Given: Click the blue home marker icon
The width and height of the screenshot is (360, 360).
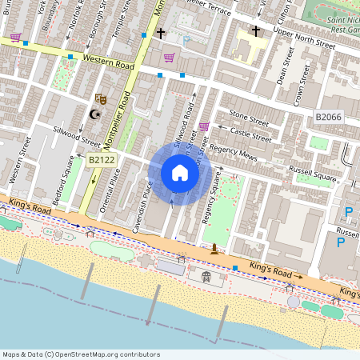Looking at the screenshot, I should click(x=180, y=173).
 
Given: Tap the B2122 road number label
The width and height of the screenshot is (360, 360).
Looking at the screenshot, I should click(x=102, y=160).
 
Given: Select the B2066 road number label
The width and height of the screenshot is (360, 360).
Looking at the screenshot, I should click(x=329, y=118).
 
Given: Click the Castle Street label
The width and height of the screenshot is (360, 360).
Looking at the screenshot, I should click(x=250, y=133).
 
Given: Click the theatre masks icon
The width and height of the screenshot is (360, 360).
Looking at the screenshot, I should click(x=101, y=98).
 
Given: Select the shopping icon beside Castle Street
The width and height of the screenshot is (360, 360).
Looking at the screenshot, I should click(x=204, y=126).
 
